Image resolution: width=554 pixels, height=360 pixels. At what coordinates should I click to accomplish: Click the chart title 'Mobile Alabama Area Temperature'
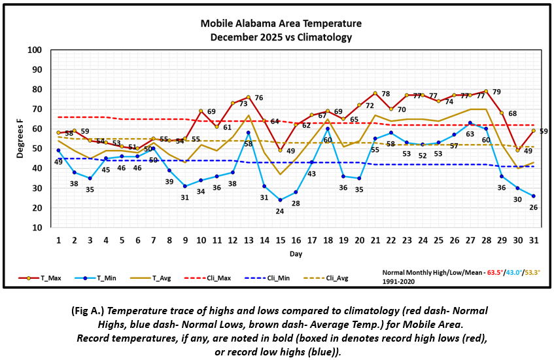[281, 24]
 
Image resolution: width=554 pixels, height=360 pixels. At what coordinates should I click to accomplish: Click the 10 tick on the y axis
[37, 227]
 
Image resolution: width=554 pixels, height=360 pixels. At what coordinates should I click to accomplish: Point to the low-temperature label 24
[280, 211]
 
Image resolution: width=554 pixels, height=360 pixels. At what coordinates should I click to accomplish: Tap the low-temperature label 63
[470, 134]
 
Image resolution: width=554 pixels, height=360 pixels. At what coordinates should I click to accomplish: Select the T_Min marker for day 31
[534, 196]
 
